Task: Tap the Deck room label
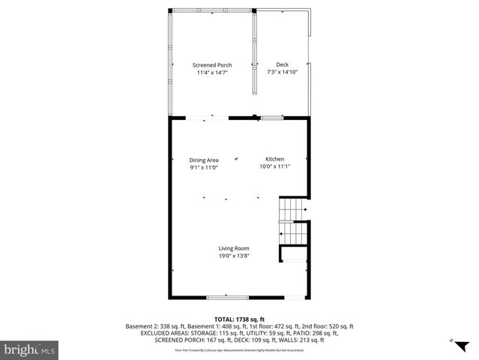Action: coord(282,65)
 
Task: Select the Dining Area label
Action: coord(203,160)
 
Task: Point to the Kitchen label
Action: coord(274,160)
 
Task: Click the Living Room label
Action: coord(234,248)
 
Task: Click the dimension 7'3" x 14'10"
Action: coord(282,73)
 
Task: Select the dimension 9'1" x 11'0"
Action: coord(203,167)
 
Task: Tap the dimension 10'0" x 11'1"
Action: coord(274,167)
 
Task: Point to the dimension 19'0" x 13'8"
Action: coord(234,256)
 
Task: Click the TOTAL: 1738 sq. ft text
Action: coord(239,319)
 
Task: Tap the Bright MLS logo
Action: coord(31,349)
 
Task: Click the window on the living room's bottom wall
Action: coord(228,298)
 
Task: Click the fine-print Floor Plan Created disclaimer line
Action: coord(239,349)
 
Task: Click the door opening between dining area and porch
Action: coord(198,117)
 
